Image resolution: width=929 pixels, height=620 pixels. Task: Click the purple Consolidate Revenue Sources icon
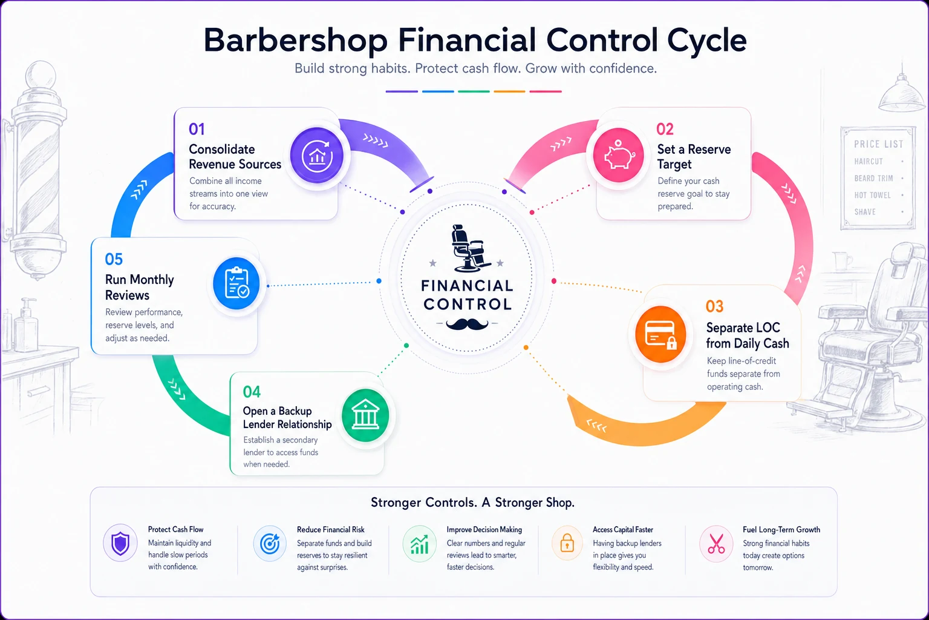pos(317,156)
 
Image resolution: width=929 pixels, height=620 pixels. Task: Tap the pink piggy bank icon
pos(618,155)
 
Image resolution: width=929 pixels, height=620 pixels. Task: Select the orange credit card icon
pos(660,334)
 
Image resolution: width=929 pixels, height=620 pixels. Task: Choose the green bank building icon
pos(365,415)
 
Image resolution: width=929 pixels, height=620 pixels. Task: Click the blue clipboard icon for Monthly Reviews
pos(236,283)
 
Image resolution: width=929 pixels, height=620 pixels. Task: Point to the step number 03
pos(714,306)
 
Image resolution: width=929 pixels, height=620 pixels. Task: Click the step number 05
pos(114,260)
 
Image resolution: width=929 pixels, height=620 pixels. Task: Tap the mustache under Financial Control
pos(467,324)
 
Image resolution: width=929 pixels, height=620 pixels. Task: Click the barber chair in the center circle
pos(469,248)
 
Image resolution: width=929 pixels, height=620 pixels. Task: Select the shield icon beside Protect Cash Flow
pos(120,544)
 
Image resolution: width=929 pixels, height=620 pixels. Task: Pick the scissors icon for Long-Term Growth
pos(716,544)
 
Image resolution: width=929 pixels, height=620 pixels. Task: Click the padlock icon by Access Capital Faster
pos(567,542)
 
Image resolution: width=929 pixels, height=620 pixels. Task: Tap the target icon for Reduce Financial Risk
pos(270,544)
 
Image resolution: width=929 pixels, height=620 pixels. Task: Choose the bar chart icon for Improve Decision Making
pos(419,544)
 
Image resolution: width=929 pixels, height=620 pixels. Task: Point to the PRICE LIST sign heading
pos(878,144)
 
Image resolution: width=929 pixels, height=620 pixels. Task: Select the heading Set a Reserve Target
pos(694,157)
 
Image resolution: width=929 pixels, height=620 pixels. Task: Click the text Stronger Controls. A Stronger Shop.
pos(472,503)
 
